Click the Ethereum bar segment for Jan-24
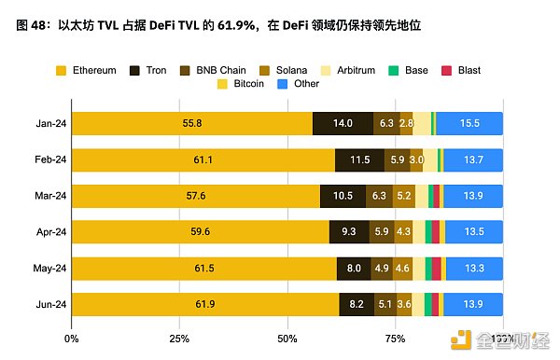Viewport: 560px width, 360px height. coord(191,123)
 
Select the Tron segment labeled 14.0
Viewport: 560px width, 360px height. coord(343,123)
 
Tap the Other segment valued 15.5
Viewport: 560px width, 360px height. coord(469,123)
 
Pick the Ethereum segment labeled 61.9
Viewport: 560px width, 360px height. coord(204,305)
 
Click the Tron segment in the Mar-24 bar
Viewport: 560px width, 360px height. coord(343,196)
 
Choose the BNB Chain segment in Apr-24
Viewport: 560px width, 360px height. coord(382,232)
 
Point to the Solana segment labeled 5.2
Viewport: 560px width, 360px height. coord(404,196)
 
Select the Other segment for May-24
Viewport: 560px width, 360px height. coord(474,269)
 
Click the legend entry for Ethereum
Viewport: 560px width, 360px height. coord(90,70)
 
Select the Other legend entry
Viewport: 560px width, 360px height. coord(299,84)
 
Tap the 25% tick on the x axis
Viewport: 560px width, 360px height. coord(179,337)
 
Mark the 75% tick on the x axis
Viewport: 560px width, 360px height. coord(395,337)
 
